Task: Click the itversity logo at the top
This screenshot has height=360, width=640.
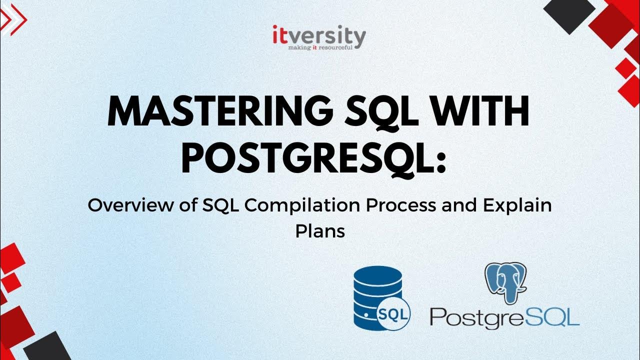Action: pyautogui.click(x=319, y=35)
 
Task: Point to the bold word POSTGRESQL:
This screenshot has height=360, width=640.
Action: pyautogui.click(x=306, y=157)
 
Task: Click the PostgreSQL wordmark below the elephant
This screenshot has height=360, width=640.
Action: pyautogui.click(x=504, y=318)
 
